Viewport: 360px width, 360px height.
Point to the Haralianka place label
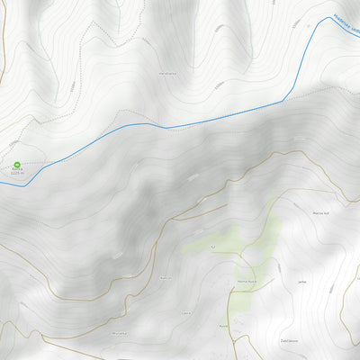click(x=166, y=73)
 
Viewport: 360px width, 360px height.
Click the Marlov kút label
click(x=322, y=213)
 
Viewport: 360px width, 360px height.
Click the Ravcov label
click(x=166, y=279)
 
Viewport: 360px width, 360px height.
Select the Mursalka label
click(x=120, y=332)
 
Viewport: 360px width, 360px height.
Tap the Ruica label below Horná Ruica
click(x=224, y=324)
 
